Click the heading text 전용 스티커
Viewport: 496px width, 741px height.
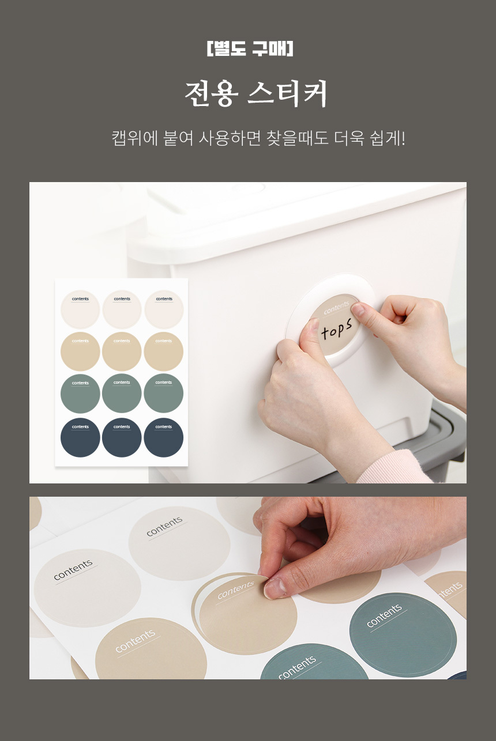click(256, 94)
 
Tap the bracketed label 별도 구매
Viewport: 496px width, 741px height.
click(250, 48)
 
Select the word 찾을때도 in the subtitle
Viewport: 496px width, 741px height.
click(298, 138)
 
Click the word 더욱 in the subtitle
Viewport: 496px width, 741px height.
click(350, 138)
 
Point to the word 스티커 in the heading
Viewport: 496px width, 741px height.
click(287, 94)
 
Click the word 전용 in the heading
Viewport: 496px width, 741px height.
click(212, 94)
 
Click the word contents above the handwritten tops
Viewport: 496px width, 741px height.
click(336, 308)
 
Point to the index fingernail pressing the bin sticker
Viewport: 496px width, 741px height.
click(358, 309)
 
